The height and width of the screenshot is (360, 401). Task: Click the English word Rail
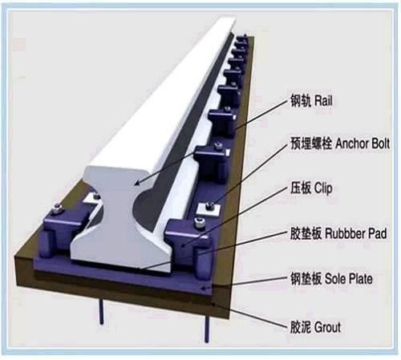(323, 101)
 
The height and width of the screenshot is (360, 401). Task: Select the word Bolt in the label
(380, 144)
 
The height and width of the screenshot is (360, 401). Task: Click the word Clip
(323, 188)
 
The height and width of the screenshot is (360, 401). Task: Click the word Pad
(378, 233)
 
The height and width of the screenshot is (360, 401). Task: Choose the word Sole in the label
(334, 279)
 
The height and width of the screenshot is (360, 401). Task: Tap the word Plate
(360, 279)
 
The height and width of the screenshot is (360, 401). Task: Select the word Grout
(328, 327)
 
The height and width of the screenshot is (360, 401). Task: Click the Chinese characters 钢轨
(301, 101)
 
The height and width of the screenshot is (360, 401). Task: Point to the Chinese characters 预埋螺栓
(311, 144)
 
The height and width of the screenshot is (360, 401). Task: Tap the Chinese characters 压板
(301, 188)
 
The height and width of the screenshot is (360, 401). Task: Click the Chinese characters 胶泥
(301, 327)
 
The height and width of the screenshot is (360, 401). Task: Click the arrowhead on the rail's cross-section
(137, 183)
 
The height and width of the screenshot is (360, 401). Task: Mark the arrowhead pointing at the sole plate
(204, 288)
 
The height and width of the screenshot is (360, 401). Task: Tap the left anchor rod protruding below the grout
(101, 312)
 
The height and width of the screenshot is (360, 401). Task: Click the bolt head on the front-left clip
(57, 208)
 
